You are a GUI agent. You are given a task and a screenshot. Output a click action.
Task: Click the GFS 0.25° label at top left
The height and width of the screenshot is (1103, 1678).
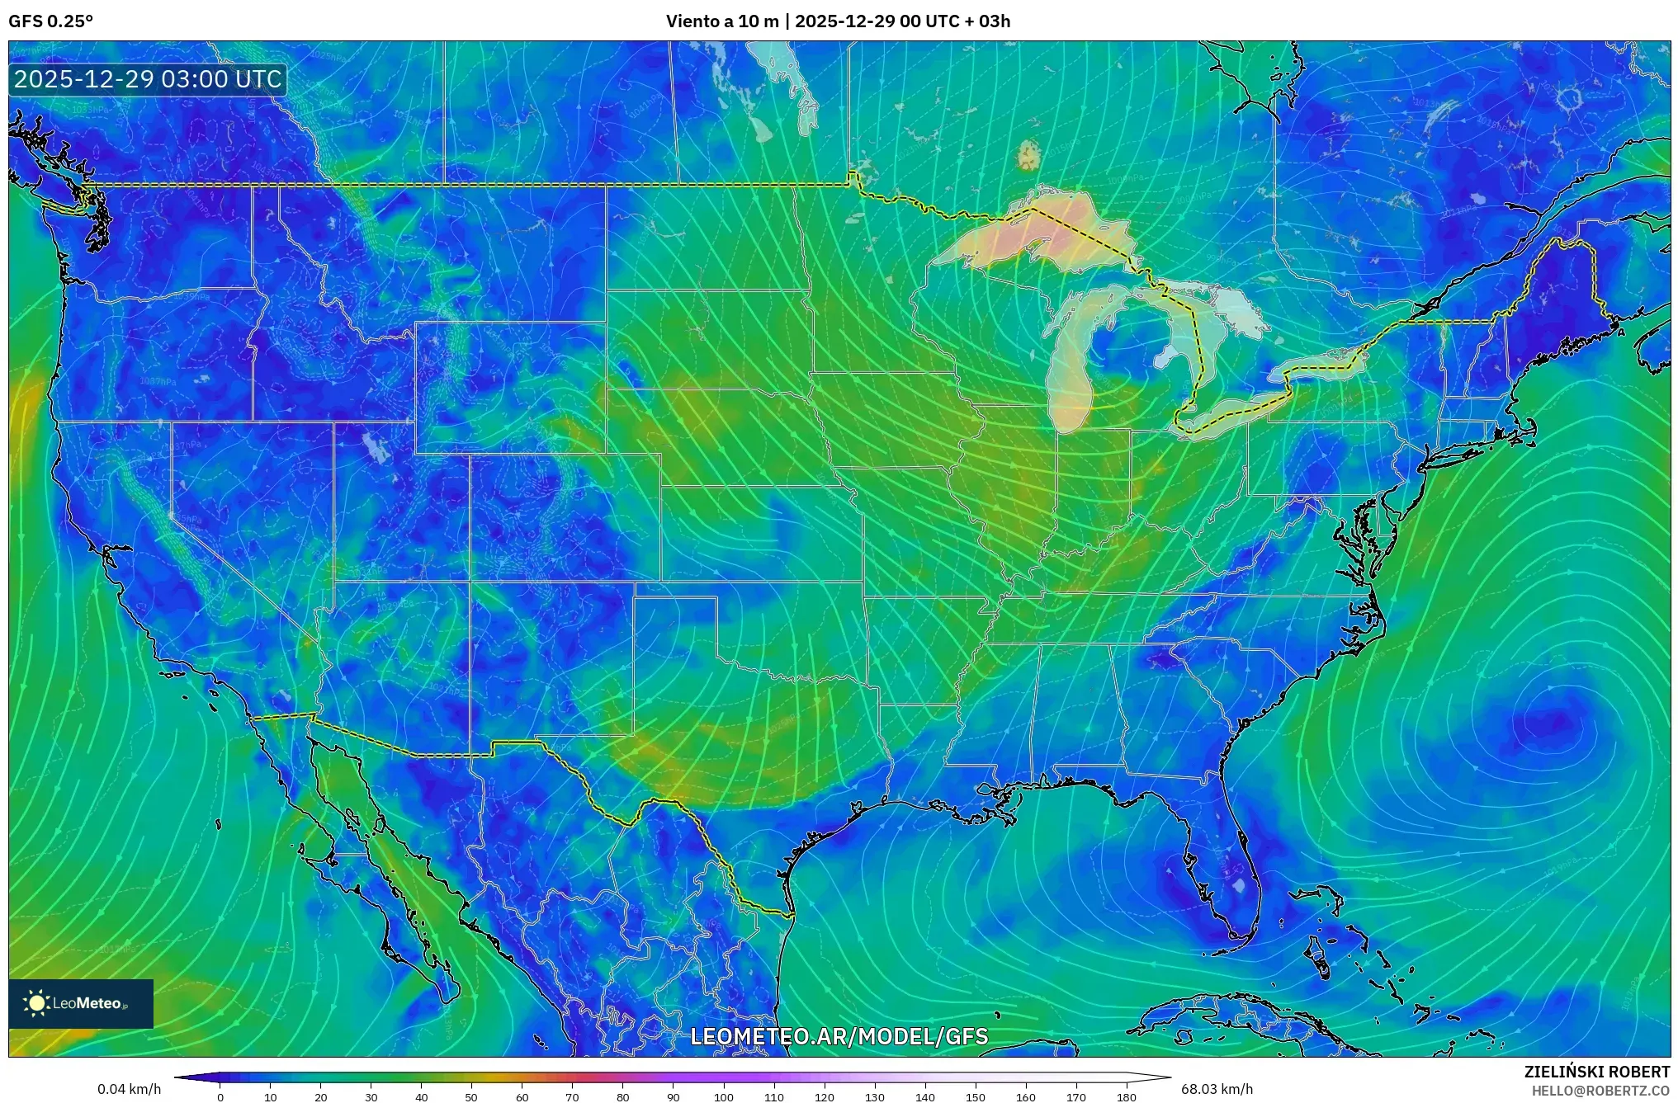coord(50,21)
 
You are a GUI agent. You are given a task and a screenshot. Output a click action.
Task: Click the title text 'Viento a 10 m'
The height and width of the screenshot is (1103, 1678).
coord(721,21)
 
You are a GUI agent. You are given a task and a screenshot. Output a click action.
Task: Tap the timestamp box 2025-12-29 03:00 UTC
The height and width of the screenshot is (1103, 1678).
coord(148,80)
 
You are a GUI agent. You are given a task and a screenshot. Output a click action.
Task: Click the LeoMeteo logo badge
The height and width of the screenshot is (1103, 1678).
coord(81,1003)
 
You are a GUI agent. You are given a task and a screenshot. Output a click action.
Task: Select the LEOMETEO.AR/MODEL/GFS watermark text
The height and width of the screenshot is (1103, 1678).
coord(839,1036)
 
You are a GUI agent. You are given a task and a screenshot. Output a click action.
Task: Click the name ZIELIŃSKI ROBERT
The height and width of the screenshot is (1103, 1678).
coord(1596,1072)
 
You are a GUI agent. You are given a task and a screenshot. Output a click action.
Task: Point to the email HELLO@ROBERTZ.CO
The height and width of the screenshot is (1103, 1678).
coord(1600,1091)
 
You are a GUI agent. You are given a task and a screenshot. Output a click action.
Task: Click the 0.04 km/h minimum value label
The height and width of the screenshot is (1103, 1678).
coord(129,1089)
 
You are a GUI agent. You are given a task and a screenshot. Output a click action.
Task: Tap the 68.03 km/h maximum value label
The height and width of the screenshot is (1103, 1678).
coord(1217,1089)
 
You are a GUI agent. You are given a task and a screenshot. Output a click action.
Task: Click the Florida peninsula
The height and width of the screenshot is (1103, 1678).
coord(1222,874)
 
